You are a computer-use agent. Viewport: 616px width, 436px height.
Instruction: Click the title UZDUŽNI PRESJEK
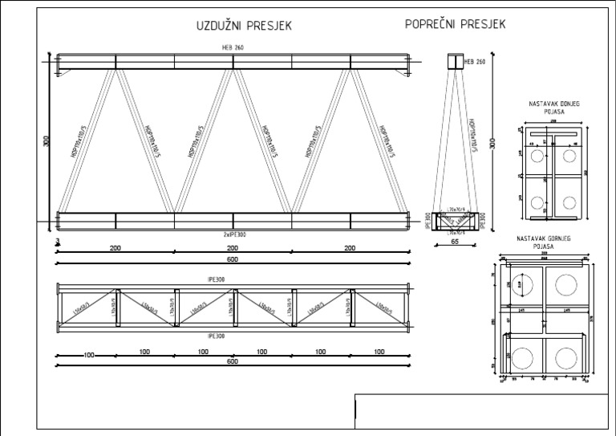[x=244, y=26]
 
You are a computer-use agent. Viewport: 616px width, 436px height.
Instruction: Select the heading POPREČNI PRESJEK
[x=455, y=25]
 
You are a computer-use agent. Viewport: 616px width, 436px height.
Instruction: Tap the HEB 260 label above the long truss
[x=233, y=48]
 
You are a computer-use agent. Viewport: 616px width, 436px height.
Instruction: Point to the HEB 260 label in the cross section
[x=475, y=61]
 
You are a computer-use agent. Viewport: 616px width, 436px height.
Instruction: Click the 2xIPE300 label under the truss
[x=233, y=233]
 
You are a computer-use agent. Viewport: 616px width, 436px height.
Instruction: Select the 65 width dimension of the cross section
[x=454, y=240]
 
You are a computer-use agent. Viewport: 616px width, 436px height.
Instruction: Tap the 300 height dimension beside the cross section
[x=493, y=142]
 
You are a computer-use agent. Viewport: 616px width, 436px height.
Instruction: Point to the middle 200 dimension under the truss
[x=233, y=249]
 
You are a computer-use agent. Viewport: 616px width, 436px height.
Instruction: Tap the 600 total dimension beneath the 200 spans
[x=233, y=259]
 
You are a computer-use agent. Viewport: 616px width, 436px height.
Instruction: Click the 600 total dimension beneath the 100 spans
[x=233, y=361]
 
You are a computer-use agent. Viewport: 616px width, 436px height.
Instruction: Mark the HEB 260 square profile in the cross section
[x=454, y=62]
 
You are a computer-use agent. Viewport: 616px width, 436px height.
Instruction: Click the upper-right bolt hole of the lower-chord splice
[x=569, y=155]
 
